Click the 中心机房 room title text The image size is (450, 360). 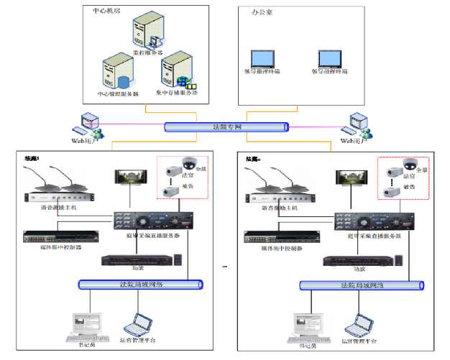point(107,13)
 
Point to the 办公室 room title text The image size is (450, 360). point(262,13)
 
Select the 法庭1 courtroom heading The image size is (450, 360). point(33,158)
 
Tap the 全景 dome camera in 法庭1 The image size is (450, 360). point(189,162)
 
